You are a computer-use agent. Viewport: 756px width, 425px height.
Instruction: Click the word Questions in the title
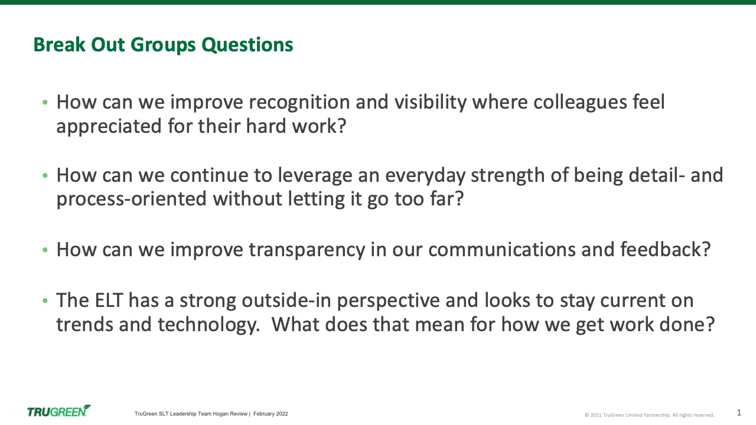click(247, 45)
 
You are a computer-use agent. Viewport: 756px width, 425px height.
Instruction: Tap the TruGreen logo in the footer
click(58, 411)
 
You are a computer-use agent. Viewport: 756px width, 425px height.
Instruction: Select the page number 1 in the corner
click(739, 413)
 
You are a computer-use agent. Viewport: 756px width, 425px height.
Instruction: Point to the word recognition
click(299, 103)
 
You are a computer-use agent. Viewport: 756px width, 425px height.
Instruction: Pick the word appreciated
click(109, 127)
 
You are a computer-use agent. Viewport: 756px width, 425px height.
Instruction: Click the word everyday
click(425, 176)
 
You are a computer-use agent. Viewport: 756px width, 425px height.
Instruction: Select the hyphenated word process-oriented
click(131, 200)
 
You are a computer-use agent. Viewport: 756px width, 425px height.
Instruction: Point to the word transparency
click(307, 250)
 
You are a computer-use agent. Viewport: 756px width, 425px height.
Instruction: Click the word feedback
click(665, 250)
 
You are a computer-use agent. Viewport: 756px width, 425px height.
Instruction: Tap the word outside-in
click(286, 300)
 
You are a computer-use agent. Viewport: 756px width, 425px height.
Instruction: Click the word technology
click(209, 325)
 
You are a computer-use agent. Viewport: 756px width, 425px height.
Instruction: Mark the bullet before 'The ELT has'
click(45, 300)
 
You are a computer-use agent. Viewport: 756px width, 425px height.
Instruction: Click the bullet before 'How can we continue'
click(45, 176)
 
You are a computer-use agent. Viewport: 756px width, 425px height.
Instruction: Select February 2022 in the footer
click(271, 414)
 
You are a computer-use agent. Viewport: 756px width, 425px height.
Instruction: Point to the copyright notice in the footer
click(649, 415)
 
